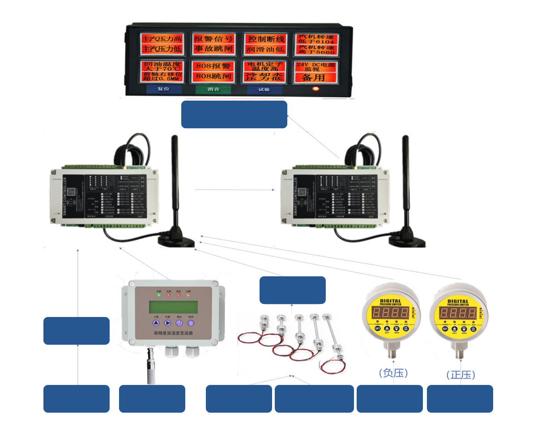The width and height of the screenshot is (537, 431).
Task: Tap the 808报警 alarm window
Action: tap(213, 66)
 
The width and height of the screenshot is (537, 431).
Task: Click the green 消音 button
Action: tap(213, 89)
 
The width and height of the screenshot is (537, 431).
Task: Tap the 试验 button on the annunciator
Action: tap(264, 89)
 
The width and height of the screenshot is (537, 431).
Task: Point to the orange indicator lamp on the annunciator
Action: tap(316, 89)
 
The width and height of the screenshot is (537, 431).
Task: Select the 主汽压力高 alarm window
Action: tap(162, 38)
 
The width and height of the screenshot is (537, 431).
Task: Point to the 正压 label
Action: tap(460, 375)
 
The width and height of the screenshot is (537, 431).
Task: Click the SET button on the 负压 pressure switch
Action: tap(377, 328)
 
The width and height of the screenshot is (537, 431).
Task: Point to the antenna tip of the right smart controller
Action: tap(406, 138)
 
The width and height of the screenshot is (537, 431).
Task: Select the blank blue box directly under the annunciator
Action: tap(234, 114)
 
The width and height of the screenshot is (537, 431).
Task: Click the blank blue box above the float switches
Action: tap(293, 290)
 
